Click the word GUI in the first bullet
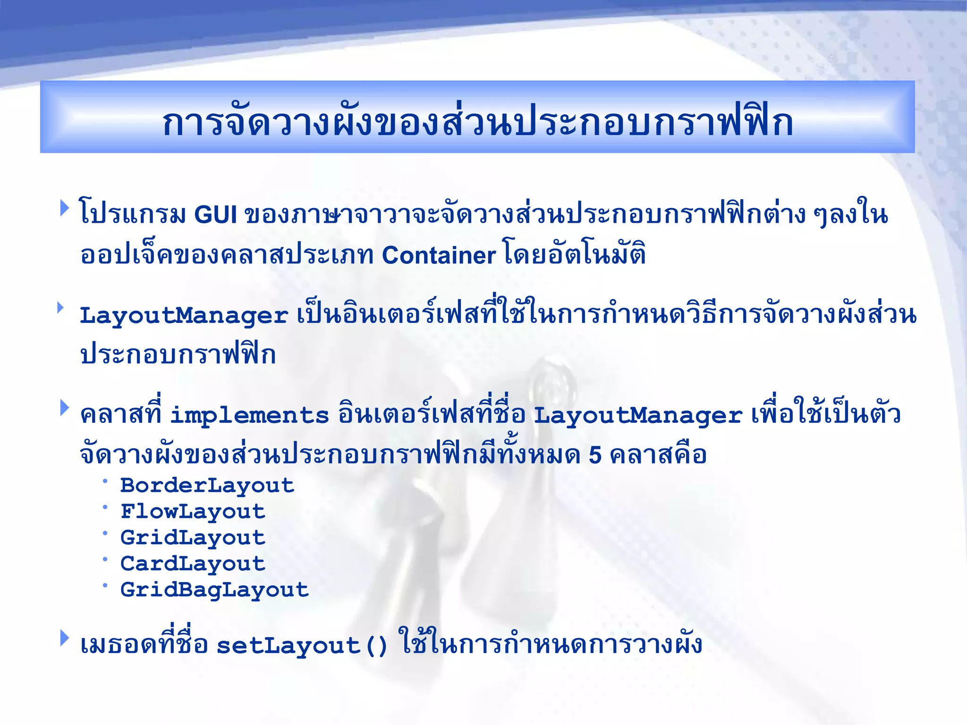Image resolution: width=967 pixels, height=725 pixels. [215, 215]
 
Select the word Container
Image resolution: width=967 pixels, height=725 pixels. [439, 255]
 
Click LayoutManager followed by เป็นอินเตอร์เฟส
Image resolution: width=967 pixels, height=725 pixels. [184, 315]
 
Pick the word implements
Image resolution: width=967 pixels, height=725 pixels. [249, 415]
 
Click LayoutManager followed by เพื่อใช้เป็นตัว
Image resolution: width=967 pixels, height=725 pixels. [637, 415]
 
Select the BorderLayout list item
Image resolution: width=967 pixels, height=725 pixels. [207, 485]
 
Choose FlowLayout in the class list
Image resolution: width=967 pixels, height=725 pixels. [193, 512]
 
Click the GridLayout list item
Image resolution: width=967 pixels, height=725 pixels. [193, 538]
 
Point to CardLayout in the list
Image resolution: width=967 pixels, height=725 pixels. [193, 564]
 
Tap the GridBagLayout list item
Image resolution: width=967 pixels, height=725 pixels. [214, 590]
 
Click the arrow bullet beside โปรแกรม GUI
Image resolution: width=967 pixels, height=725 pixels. [65, 208]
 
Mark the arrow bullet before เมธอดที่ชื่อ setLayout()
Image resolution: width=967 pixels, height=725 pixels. [65, 638]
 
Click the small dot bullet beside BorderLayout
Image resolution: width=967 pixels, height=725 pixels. [105, 481]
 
